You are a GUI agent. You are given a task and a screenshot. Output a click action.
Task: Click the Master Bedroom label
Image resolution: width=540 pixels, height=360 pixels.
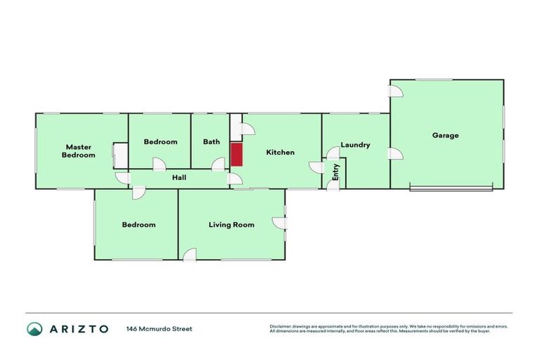pyautogui.click(x=78, y=151)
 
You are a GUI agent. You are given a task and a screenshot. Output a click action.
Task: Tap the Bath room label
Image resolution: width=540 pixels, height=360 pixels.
pyautogui.click(x=211, y=141)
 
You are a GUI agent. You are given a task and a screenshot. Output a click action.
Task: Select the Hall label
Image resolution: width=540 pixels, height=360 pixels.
pyautogui.click(x=179, y=179)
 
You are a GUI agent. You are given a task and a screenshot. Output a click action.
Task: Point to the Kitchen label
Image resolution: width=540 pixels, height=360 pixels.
pyautogui.click(x=280, y=153)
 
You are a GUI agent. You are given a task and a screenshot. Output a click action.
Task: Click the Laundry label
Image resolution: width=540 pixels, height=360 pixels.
pyautogui.click(x=355, y=145)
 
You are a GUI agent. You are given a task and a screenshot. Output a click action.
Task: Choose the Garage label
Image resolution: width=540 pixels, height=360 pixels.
pyautogui.click(x=445, y=135)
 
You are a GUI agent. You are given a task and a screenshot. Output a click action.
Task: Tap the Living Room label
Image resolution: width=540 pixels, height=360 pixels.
pyautogui.click(x=231, y=225)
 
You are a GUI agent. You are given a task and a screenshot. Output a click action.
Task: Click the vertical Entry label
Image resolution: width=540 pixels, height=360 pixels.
pyautogui.click(x=336, y=172)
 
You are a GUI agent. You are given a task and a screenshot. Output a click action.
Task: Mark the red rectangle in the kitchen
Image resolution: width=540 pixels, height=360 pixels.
pyautogui.click(x=237, y=155)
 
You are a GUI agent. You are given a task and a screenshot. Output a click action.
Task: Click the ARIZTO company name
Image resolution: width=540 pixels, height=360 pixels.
pyautogui.click(x=79, y=328)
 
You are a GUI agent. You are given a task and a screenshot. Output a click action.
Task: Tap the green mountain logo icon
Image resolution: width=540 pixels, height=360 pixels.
pyautogui.click(x=34, y=328)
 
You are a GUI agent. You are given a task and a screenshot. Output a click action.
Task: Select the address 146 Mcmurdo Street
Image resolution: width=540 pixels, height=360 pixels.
pyautogui.click(x=159, y=328)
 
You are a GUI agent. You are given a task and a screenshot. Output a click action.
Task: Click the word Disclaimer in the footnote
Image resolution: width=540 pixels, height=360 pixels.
pyautogui.click(x=281, y=326)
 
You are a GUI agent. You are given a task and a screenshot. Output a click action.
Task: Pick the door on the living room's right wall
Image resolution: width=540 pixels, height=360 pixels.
pyautogui.click(x=281, y=222)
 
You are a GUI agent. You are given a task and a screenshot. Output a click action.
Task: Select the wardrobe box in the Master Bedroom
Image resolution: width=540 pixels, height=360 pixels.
pyautogui.click(x=120, y=155)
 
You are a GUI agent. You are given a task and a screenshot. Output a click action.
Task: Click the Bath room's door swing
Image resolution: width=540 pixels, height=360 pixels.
pyautogui.click(x=218, y=164)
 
